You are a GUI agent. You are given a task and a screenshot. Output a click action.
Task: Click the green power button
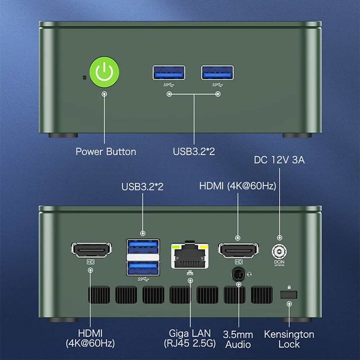(104, 72)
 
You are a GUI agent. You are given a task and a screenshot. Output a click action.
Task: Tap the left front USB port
(169, 73)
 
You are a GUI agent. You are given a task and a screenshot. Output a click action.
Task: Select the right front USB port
(217, 73)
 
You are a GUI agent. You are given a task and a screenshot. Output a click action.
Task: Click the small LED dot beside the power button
(85, 78)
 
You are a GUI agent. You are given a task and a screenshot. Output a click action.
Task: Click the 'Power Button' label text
(106, 152)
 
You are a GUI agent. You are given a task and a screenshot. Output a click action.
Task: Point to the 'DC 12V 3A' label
(279, 160)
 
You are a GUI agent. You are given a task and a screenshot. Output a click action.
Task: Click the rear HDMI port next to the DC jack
(238, 250)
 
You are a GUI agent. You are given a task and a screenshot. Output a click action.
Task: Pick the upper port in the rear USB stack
(143, 247)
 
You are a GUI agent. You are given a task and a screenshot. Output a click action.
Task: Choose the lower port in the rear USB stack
(143, 268)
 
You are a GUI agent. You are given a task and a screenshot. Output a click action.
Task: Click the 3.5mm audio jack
(238, 274)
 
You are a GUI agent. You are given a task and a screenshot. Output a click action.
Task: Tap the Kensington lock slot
(289, 294)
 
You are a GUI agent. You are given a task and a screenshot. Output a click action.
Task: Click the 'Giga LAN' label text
(190, 333)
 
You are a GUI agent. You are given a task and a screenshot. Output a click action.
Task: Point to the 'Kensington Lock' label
(289, 339)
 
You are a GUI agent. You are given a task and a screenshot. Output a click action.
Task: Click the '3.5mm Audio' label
(238, 339)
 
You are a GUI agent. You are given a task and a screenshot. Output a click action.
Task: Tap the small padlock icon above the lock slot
(289, 287)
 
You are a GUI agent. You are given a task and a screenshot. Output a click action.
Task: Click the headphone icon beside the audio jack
(249, 274)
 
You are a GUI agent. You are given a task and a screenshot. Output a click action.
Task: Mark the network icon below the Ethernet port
(190, 273)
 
